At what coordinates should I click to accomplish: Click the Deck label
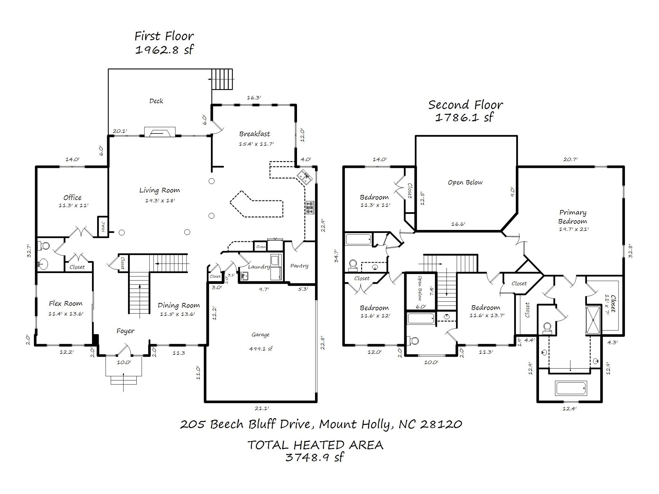[x=156, y=101]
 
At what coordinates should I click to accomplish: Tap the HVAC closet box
[x=103, y=226]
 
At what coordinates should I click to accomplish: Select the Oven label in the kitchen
[x=261, y=247]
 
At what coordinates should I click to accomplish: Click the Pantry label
[x=299, y=266]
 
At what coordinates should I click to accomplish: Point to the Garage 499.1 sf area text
[x=261, y=349]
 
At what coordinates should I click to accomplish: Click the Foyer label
[x=125, y=331]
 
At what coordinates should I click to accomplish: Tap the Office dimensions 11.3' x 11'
[x=73, y=205]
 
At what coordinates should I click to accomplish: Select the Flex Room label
[x=66, y=303]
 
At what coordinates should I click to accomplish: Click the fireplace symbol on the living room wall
[x=160, y=132]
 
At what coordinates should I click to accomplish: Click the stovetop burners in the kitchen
[x=310, y=207]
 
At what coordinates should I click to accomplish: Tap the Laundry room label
[x=259, y=267]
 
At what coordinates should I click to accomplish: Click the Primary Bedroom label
[x=572, y=217]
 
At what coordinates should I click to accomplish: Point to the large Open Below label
[x=465, y=182]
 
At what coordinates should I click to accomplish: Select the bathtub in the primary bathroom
[x=571, y=389]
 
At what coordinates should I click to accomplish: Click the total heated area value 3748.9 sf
[x=315, y=457]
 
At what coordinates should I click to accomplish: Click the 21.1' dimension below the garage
[x=262, y=408]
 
